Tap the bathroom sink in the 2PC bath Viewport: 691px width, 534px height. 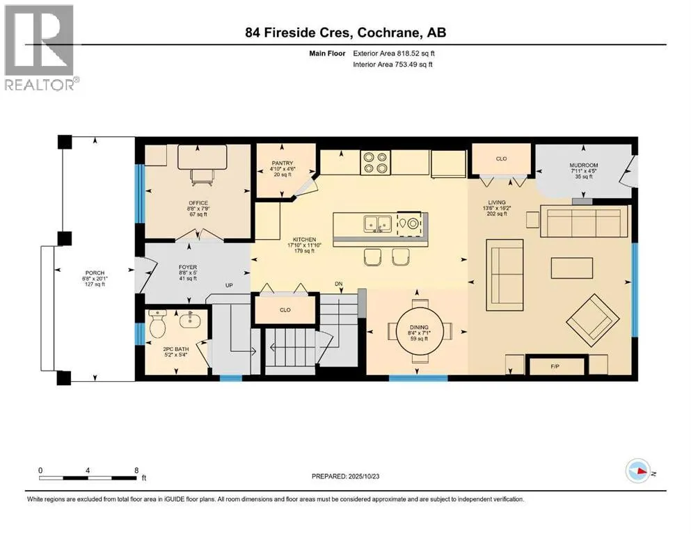191,320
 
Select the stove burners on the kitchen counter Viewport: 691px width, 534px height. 375,163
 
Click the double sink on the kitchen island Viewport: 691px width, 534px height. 378,224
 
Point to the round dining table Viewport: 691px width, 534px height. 418,330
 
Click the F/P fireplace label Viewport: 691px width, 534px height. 555,366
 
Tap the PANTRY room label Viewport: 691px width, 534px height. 283,163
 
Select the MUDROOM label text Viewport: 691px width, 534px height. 583,165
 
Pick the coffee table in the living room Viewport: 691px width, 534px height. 571,268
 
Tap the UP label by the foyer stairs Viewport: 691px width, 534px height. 229,285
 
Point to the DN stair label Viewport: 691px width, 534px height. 338,284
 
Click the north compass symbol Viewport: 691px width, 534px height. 637,471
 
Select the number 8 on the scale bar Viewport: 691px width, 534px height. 136,470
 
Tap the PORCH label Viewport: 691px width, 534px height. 95,273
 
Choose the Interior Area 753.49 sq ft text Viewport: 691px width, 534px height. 392,65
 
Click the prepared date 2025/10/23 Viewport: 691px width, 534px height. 363,476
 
